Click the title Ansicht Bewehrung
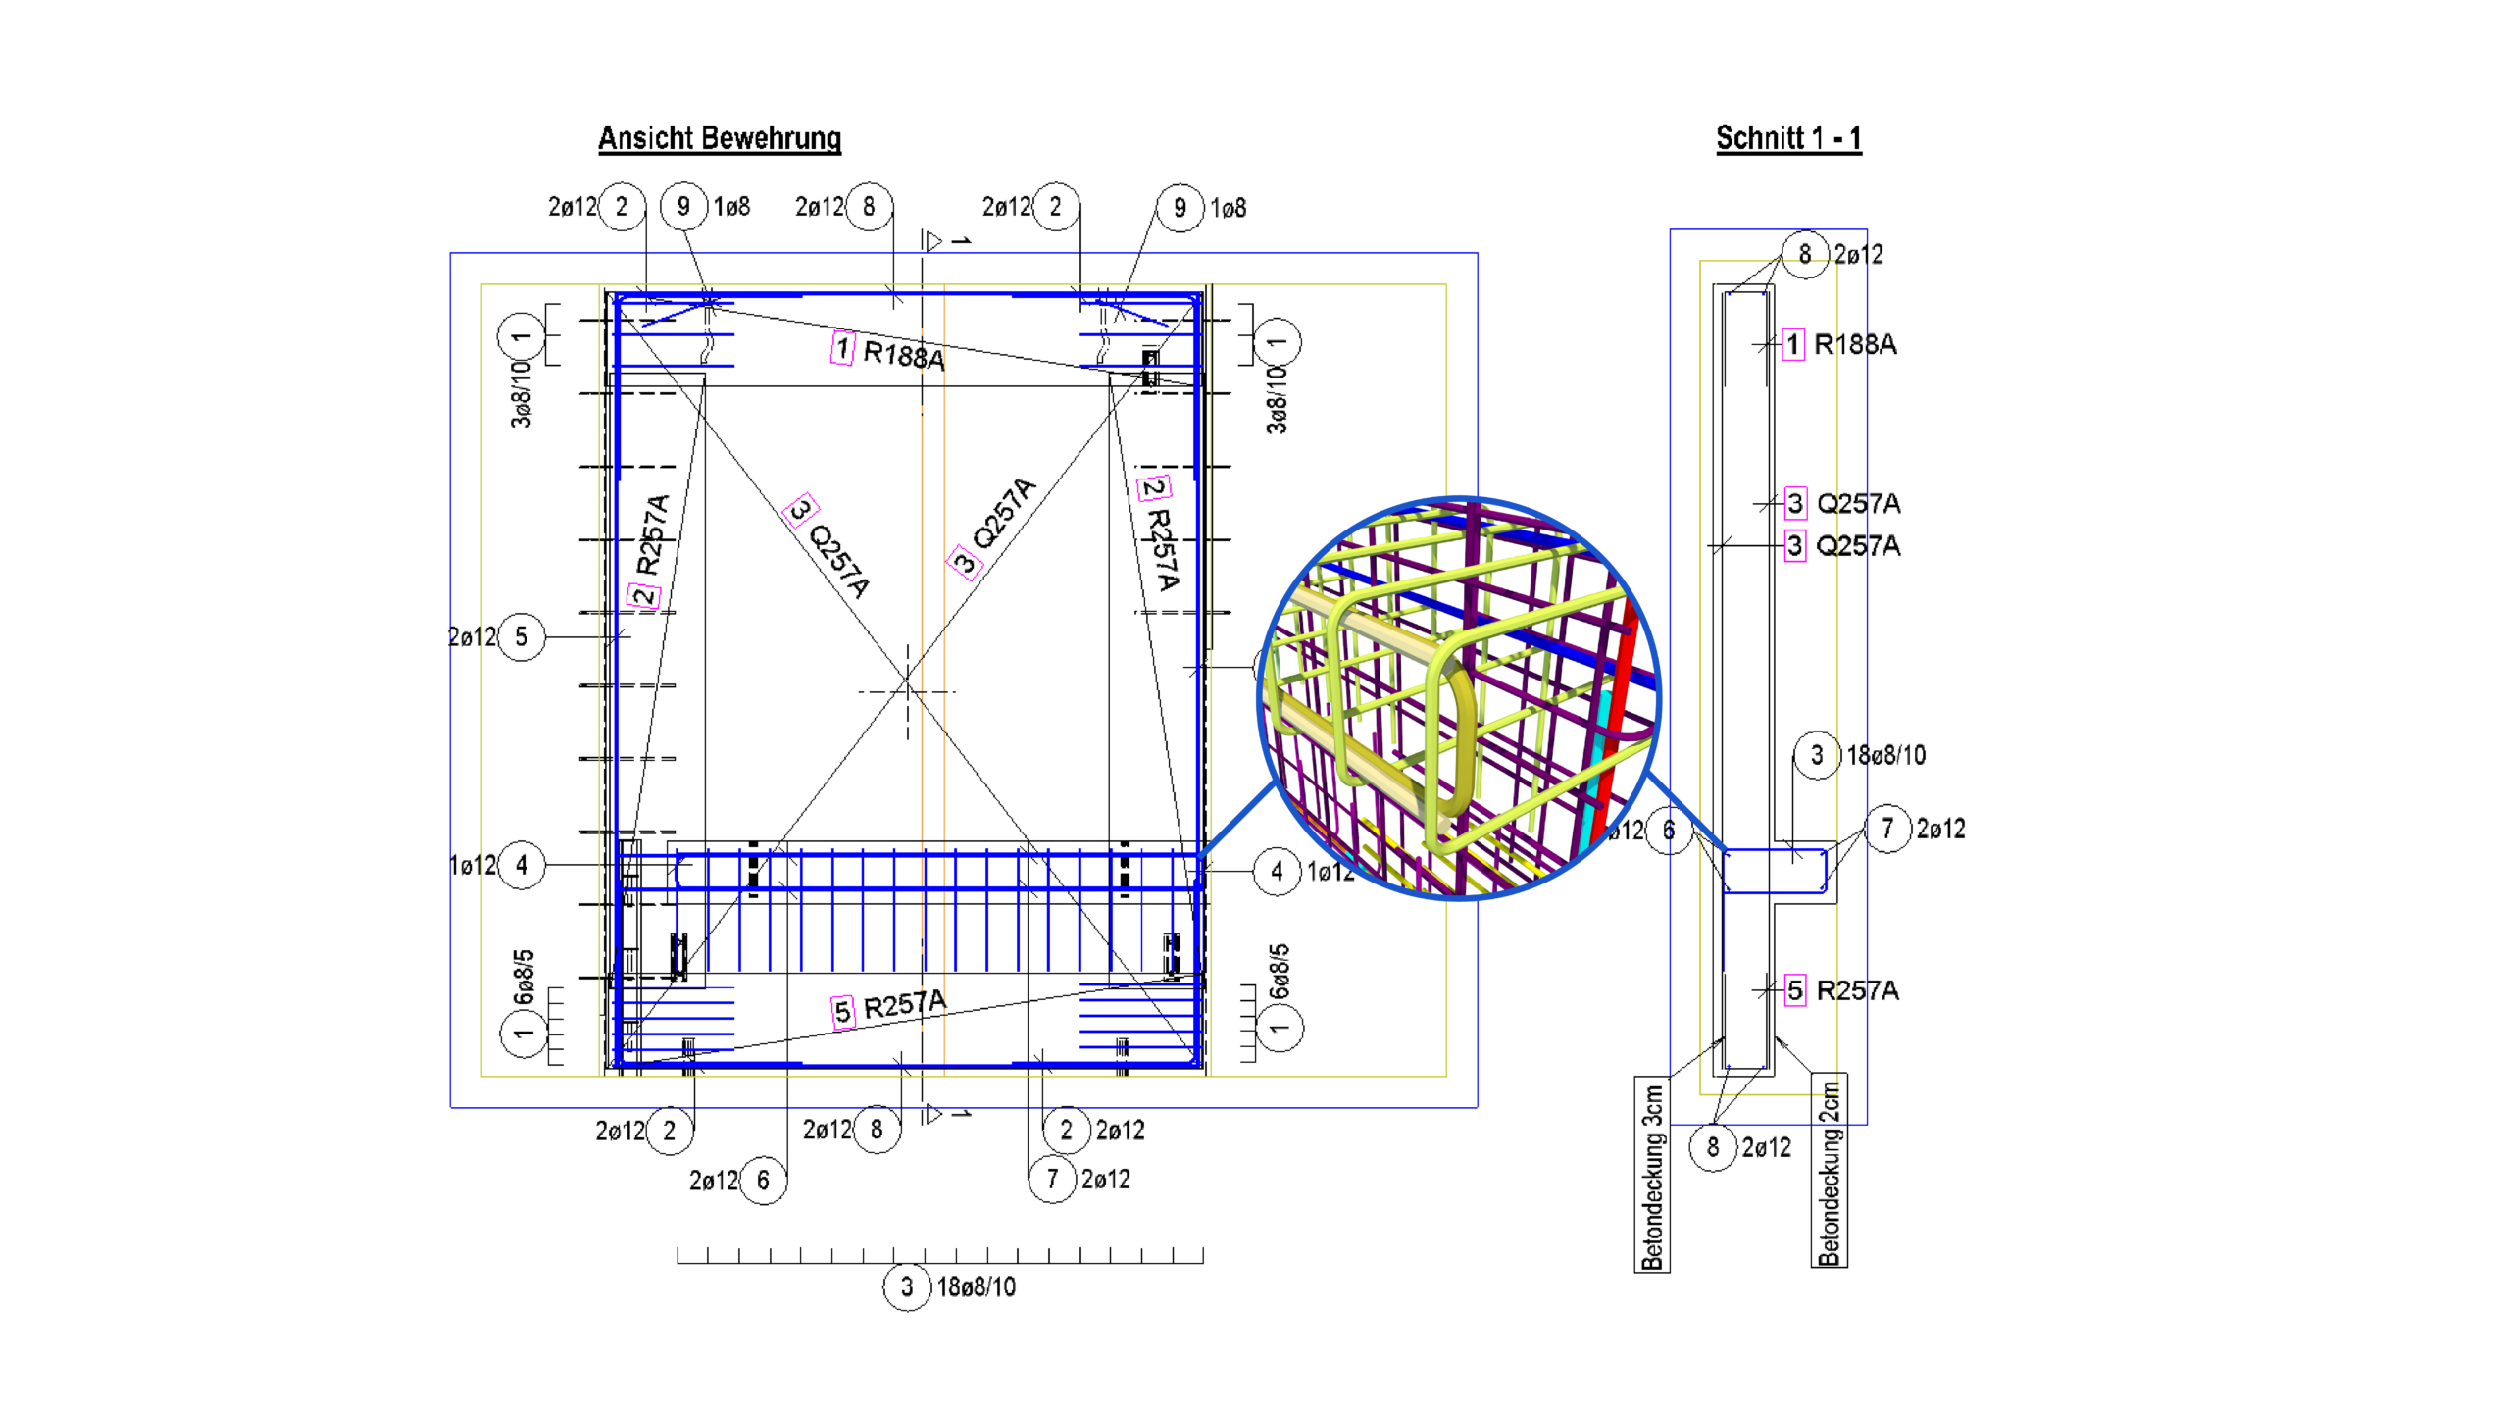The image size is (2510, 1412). coord(720,138)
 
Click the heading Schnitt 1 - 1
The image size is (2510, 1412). coord(1787,138)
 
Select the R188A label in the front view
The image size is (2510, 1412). coord(903,354)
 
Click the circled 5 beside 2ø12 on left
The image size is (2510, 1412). coord(521,637)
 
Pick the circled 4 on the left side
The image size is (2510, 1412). coord(521,865)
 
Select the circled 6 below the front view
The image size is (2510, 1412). coord(763,1180)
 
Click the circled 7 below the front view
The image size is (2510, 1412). coord(1052,1179)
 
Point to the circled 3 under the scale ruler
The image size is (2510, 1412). coord(906,1286)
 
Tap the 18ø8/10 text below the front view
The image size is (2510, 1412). coord(976,1287)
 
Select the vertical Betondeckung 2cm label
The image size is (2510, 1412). coord(1829,1172)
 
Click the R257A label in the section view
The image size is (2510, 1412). coord(1856,990)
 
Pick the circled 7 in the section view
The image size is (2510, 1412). coord(1886,829)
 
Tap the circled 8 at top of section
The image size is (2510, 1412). coord(1804,254)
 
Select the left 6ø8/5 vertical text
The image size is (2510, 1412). coord(525,977)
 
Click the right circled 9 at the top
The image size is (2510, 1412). coord(1180,208)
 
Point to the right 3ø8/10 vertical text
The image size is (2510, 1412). coord(1277,399)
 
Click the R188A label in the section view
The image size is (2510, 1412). coord(1854,344)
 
